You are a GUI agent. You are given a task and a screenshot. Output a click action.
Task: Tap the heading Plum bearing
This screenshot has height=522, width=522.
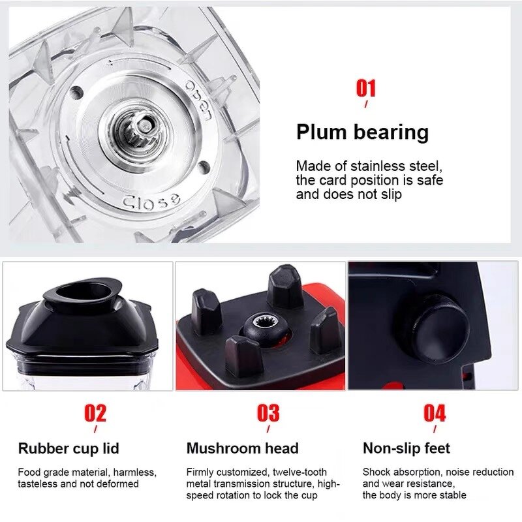coord(362,132)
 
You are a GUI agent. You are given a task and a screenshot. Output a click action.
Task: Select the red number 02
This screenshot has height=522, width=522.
coord(95,413)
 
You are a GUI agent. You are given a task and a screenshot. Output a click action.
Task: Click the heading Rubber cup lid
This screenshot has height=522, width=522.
coord(69,448)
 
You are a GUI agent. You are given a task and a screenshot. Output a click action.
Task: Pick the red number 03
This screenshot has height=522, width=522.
coord(268,413)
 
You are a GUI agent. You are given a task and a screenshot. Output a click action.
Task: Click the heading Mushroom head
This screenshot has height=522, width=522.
coord(242,448)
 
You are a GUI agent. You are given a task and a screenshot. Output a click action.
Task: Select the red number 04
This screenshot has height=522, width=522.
coord(435,413)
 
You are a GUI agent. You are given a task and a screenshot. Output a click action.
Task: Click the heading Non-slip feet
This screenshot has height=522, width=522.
coord(407,448)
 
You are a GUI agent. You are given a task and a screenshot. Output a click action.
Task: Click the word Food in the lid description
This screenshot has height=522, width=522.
coord(29,472)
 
